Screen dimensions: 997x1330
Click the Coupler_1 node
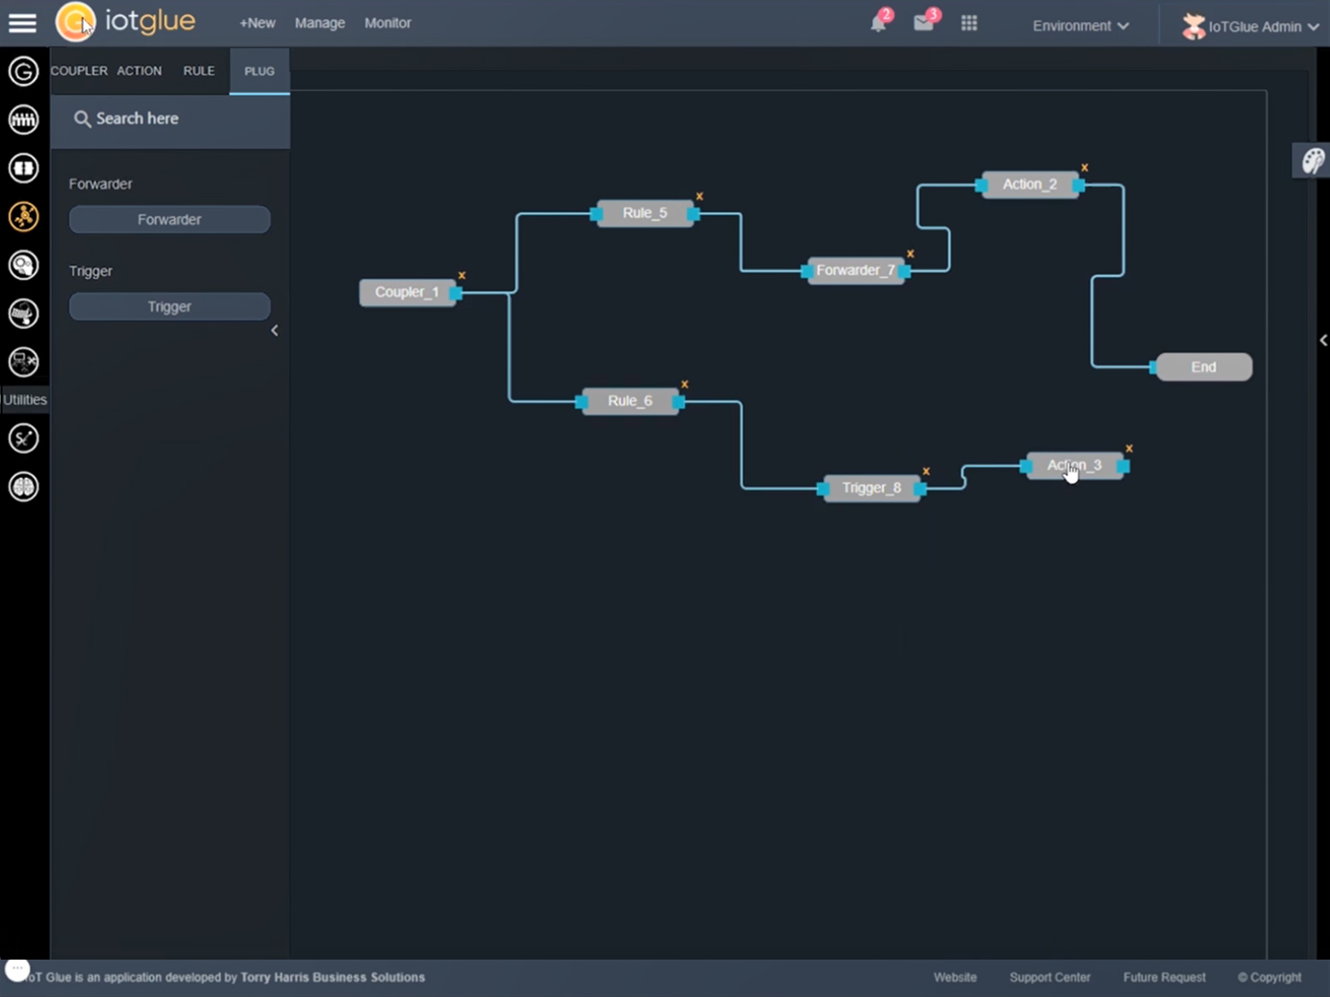point(406,292)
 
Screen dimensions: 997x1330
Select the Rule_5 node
point(644,214)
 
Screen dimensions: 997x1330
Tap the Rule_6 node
point(629,401)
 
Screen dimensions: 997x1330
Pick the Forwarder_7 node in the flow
point(855,271)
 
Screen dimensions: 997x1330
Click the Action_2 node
point(1029,184)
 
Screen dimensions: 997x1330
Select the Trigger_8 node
point(870,488)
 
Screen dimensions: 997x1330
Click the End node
point(1203,367)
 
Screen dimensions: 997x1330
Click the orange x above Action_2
point(1085,168)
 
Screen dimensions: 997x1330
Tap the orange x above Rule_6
point(685,385)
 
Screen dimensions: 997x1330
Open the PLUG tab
point(259,71)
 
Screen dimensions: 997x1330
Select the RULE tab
point(199,71)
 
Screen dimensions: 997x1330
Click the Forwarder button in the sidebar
point(170,219)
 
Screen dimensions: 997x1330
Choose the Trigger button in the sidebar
point(170,307)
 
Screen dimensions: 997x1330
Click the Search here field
point(170,119)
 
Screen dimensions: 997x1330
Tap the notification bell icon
point(878,23)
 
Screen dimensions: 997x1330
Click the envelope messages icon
point(924,23)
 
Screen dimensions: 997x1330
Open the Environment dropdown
point(1080,26)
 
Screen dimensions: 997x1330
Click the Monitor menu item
point(387,23)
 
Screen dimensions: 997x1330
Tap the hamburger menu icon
point(22,23)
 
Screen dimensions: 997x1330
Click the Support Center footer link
point(1049,977)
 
